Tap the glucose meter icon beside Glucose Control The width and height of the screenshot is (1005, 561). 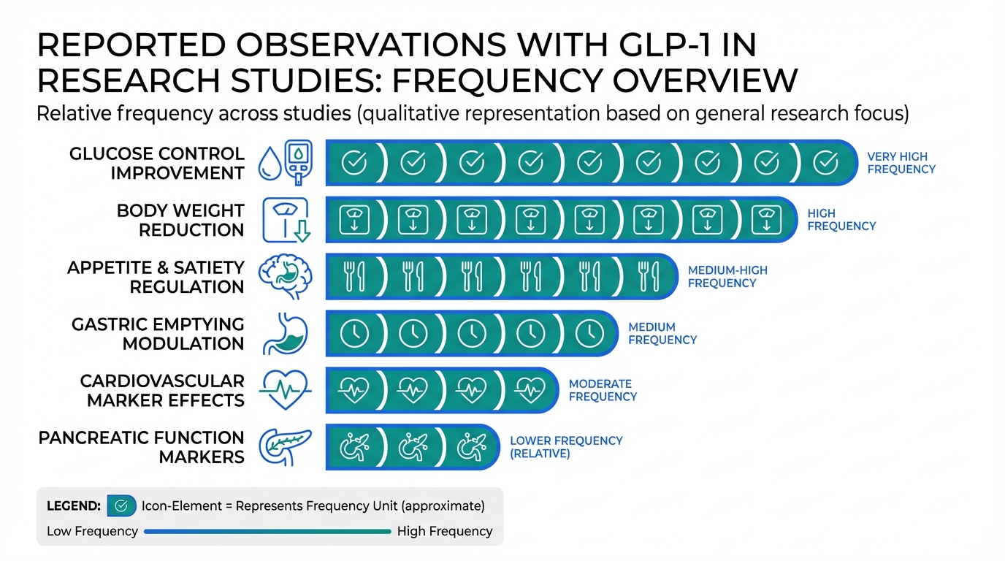click(x=298, y=162)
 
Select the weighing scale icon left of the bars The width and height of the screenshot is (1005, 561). click(x=286, y=220)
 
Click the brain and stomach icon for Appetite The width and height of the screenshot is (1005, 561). click(x=286, y=277)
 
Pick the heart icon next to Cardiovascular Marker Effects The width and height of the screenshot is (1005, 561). click(x=286, y=390)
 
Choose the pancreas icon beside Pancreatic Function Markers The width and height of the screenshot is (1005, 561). click(x=286, y=446)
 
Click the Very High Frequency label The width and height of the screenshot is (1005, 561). click(x=901, y=162)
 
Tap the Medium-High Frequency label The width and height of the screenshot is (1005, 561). click(x=727, y=276)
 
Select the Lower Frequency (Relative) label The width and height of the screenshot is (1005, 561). click(x=566, y=446)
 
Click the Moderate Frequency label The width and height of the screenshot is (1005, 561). click(x=603, y=390)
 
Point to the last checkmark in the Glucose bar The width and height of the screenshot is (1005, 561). click(x=825, y=163)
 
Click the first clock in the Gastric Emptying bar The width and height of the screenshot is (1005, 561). click(x=355, y=333)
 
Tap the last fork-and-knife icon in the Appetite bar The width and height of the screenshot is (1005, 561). click(x=649, y=277)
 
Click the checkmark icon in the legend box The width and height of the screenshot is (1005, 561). click(x=121, y=505)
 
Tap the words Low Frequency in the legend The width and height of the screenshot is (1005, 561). click(x=92, y=531)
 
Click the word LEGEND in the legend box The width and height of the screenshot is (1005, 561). click(x=73, y=505)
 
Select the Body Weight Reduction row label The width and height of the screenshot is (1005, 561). click(x=180, y=220)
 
